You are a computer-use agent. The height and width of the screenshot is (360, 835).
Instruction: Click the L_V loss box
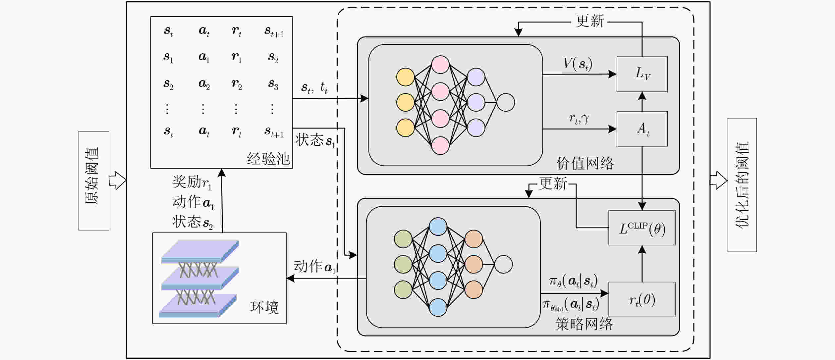coord(642,74)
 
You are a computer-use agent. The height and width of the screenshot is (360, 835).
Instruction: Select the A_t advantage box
coord(642,129)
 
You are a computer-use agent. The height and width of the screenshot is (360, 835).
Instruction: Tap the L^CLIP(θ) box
coord(642,228)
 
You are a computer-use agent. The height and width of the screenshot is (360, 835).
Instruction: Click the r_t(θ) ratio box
coord(642,299)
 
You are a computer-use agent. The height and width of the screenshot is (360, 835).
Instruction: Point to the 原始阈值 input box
coord(94,180)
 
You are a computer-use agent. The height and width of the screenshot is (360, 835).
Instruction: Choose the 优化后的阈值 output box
coord(742,185)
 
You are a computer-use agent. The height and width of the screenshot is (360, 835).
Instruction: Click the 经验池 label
coord(268,159)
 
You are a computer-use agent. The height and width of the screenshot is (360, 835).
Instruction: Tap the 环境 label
coord(264,307)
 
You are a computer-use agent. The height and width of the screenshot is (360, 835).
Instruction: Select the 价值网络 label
coord(585,163)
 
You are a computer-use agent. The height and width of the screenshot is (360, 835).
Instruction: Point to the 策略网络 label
coord(584,324)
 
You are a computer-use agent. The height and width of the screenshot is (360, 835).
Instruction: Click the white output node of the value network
coord(506,102)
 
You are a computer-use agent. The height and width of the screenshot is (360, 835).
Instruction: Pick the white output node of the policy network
coord(503,264)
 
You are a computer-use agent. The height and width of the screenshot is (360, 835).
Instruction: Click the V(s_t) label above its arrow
coord(578,64)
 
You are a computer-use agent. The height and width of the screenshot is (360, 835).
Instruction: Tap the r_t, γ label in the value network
coord(579,119)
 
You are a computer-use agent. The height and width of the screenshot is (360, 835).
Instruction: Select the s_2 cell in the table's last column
coord(273,58)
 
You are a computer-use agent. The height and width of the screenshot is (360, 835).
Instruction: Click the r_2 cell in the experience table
coord(237,84)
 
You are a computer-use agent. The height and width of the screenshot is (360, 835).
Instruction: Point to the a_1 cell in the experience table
coord(204,58)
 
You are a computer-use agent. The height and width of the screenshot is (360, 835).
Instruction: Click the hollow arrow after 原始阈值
coord(118,180)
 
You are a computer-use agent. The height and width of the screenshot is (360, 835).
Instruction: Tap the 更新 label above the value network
coord(590,21)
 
